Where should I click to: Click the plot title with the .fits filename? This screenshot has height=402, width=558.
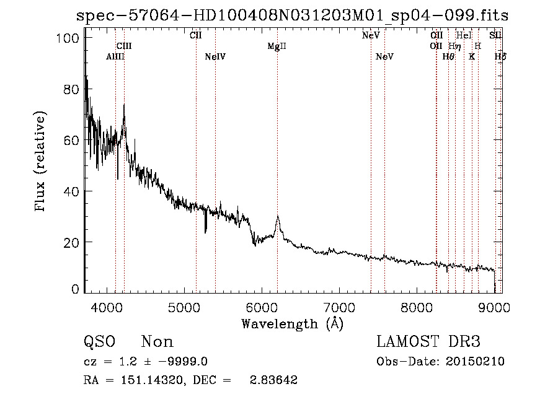point(291,15)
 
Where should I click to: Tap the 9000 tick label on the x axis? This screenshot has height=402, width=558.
point(494,305)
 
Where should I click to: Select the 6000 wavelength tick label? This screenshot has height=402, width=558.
point(262,305)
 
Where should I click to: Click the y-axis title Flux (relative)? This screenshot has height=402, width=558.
point(42,162)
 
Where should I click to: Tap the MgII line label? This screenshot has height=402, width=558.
point(277,46)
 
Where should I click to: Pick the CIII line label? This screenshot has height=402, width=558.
point(124,46)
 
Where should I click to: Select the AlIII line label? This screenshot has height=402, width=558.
point(115,57)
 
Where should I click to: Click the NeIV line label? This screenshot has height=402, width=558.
point(215,57)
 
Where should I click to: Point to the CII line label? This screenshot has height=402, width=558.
point(195,35)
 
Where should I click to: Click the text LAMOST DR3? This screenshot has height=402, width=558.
point(428,341)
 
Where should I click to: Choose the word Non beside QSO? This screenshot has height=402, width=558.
point(157,341)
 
